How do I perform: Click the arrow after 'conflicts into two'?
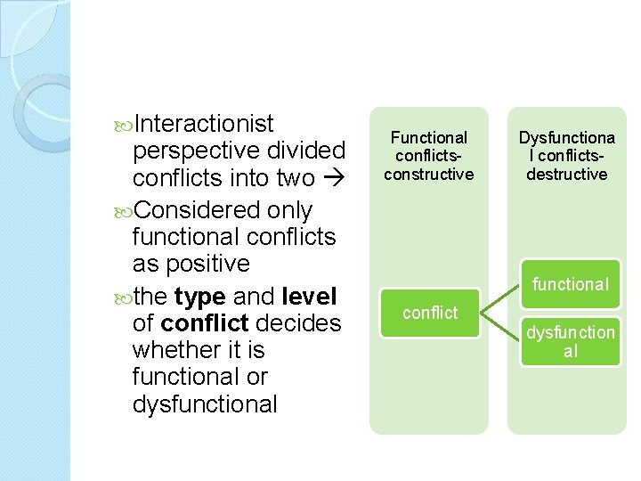click(x=332, y=178)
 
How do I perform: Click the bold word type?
click(x=199, y=296)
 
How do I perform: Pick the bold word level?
click(x=308, y=296)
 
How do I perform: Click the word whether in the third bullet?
click(x=177, y=349)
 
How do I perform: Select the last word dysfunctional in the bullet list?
click(x=205, y=404)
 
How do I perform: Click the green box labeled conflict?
click(x=429, y=314)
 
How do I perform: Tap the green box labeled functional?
click(x=571, y=284)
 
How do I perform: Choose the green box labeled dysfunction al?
click(x=571, y=342)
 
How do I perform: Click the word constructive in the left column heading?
click(x=428, y=175)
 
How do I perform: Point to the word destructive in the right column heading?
click(x=566, y=175)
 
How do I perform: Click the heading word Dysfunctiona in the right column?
click(x=566, y=138)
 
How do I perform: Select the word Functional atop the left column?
click(x=428, y=138)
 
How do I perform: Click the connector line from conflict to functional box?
click(x=501, y=298)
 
